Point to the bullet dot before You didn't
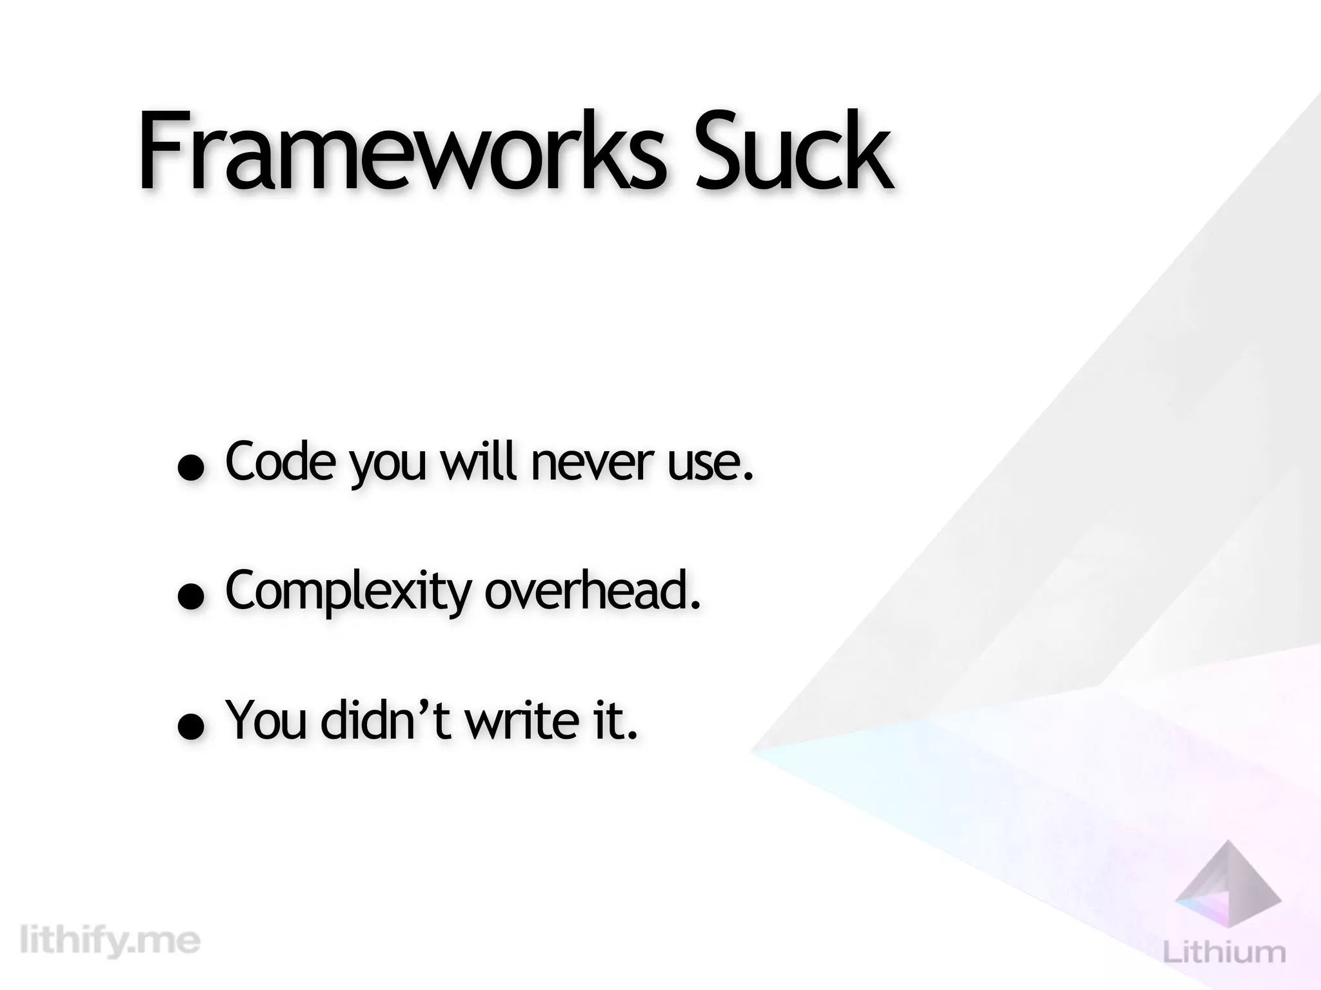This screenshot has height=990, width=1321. click(192, 728)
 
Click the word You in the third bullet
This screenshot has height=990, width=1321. click(266, 720)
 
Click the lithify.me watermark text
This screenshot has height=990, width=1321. click(110, 940)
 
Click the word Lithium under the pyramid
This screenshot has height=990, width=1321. click(1224, 951)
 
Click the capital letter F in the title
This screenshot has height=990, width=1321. click(160, 151)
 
